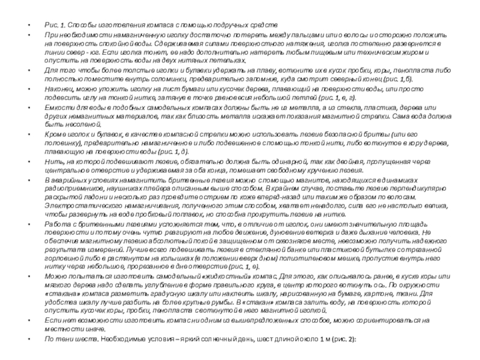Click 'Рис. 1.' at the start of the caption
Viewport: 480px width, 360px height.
click(x=55, y=26)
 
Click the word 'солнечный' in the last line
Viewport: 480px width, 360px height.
click(x=211, y=340)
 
